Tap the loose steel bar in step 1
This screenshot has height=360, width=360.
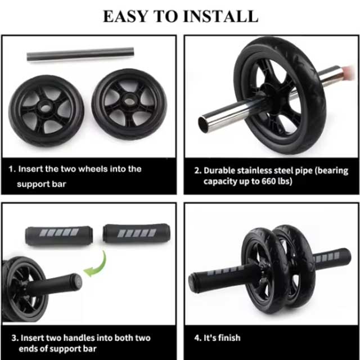click(80, 54)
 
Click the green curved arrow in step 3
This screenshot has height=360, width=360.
click(97, 263)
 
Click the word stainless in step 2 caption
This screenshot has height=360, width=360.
click(262, 170)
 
